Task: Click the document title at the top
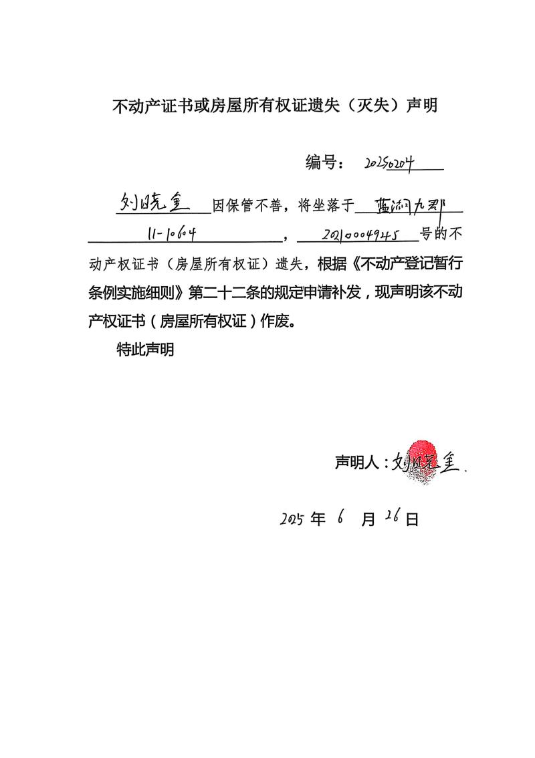pos(274,106)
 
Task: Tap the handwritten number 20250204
pos(391,162)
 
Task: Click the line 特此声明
pos(145,350)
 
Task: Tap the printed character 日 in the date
pos(412,520)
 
